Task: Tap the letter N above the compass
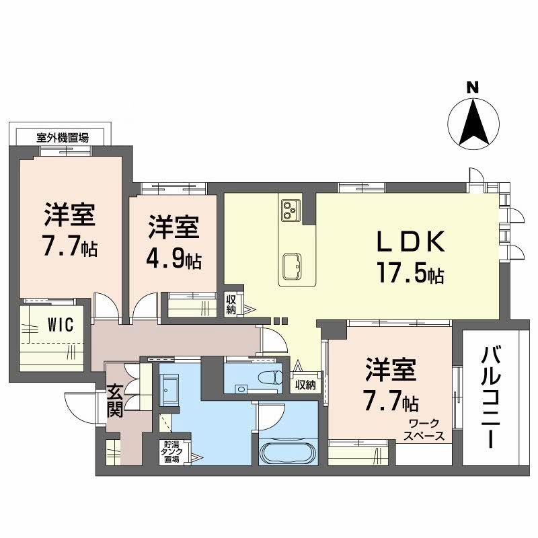473,87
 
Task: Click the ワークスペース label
424,430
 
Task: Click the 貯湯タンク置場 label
170,452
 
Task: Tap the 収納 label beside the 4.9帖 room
231,305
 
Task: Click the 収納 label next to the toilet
305,385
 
